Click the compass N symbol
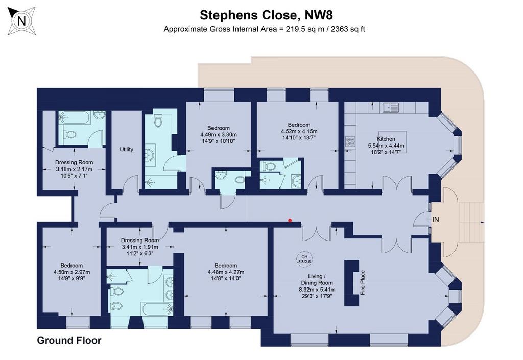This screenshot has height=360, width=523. pyautogui.click(x=21, y=21)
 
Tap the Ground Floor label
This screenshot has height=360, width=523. pyautogui.click(x=69, y=340)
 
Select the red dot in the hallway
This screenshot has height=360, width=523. pyautogui.click(x=290, y=221)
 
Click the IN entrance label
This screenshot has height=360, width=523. pyautogui.click(x=436, y=219)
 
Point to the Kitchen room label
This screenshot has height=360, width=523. pyautogui.click(x=386, y=139)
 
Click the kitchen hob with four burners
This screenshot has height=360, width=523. pyautogui.click(x=350, y=141)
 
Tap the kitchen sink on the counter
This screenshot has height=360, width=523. pyautogui.click(x=391, y=107)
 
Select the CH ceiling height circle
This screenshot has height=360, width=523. pyautogui.click(x=305, y=259)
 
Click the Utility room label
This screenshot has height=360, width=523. pyautogui.click(x=126, y=150)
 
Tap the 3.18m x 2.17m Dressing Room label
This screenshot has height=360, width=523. pyautogui.click(x=74, y=163)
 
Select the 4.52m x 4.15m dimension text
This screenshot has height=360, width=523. pyautogui.click(x=299, y=132)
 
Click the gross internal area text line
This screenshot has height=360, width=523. pyautogui.click(x=264, y=29)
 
